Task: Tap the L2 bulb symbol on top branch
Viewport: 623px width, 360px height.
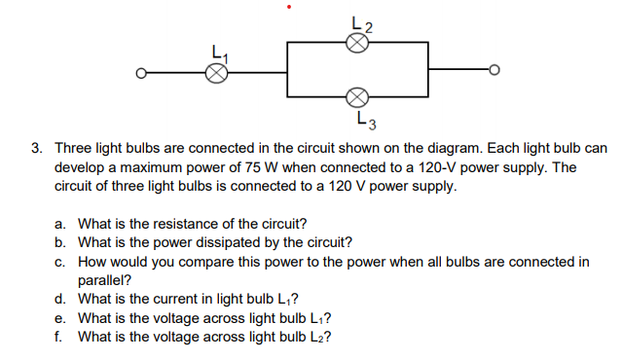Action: point(357,43)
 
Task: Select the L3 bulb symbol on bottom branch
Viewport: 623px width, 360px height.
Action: point(357,97)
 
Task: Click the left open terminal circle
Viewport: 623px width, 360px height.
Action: point(141,72)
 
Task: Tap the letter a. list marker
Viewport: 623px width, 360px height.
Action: point(60,224)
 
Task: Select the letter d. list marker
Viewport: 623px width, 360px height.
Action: point(60,299)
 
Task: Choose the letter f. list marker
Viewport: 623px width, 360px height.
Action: point(59,337)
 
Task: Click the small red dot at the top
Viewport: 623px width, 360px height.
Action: point(288,8)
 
